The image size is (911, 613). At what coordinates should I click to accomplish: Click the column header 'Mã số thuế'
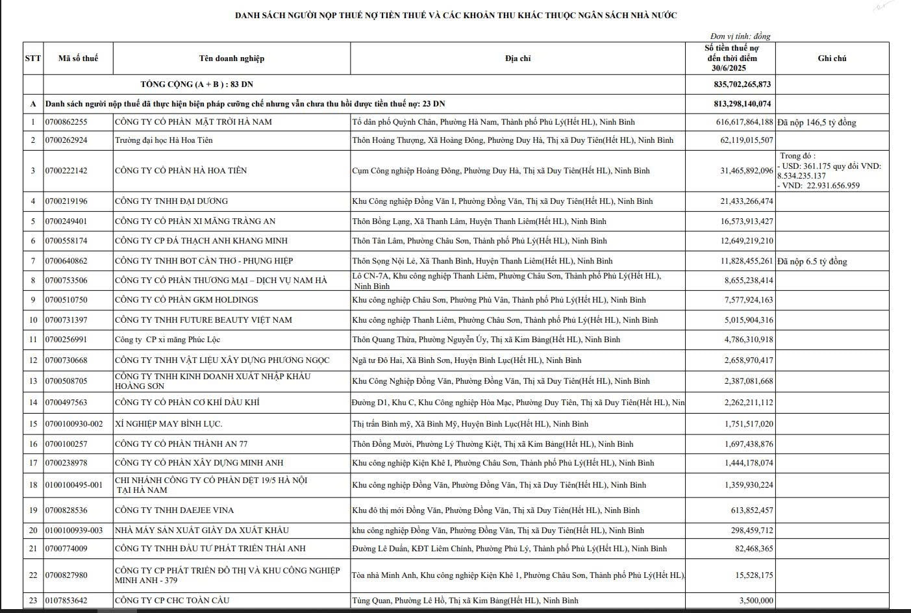click(78, 58)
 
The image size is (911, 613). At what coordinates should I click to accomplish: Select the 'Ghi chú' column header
click(832, 58)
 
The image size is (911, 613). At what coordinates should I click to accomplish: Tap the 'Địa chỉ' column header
click(518, 58)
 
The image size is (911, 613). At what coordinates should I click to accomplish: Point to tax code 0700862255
click(66, 122)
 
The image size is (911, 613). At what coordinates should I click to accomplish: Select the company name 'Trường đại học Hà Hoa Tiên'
click(164, 140)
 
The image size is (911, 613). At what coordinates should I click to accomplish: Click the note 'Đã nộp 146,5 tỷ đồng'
click(816, 122)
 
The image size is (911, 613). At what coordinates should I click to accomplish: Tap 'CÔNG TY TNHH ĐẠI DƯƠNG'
click(171, 201)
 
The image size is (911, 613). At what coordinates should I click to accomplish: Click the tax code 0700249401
click(66, 221)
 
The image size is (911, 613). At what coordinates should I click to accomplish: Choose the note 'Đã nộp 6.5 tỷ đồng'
click(812, 261)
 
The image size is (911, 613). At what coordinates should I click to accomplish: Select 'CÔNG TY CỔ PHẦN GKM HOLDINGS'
click(186, 300)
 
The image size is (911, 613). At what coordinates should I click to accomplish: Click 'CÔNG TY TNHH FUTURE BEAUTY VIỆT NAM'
click(203, 320)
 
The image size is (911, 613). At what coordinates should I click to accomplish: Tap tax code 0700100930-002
click(74, 424)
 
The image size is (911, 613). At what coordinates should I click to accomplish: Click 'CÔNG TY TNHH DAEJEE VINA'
click(174, 510)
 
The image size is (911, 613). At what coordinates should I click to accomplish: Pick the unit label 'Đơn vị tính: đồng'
click(740, 36)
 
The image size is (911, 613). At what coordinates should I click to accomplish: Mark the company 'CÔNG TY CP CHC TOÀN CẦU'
click(171, 601)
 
